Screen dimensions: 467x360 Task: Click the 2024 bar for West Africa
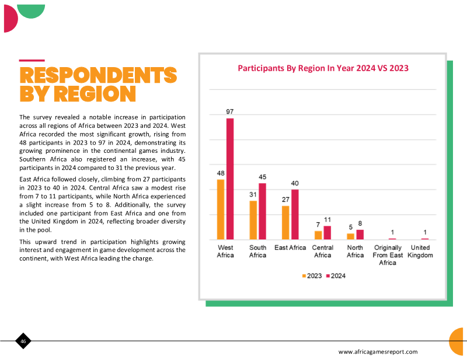[x=230, y=179]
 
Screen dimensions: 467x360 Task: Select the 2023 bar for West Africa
[x=221, y=209]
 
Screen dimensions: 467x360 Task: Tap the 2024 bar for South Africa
[x=262, y=211]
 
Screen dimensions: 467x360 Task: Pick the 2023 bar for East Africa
[x=285, y=223]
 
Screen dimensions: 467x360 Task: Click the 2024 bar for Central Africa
[x=327, y=233]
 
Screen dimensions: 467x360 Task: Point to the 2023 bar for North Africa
[x=351, y=236]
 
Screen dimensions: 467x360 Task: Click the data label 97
[x=229, y=111]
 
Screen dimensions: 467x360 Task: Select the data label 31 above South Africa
[x=253, y=194]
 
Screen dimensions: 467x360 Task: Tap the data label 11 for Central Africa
[x=327, y=220]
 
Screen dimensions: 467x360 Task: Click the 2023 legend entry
[x=312, y=276]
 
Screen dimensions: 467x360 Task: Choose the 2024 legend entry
[x=336, y=276]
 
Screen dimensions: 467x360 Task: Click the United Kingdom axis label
[x=420, y=251]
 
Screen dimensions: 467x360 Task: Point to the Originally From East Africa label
[x=388, y=255]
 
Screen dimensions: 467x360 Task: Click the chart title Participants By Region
[x=323, y=68]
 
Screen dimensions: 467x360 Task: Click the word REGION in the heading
[x=95, y=93]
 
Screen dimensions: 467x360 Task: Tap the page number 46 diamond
[x=23, y=341]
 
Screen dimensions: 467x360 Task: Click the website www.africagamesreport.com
[x=378, y=352]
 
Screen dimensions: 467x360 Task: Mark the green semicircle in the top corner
[x=31, y=11]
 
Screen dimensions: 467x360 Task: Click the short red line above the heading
[x=32, y=61]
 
